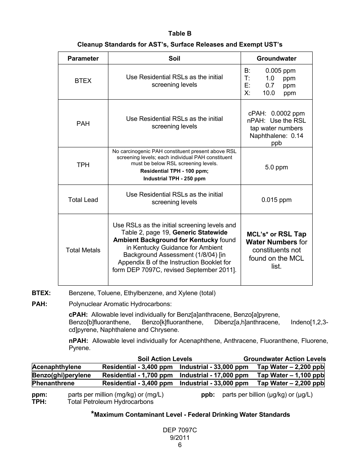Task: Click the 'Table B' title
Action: (x=180, y=34)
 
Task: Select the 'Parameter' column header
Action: (x=83, y=58)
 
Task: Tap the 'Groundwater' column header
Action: (x=277, y=58)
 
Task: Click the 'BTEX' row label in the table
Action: (x=83, y=81)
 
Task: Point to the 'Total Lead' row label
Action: (x=83, y=200)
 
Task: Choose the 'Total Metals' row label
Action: (x=83, y=250)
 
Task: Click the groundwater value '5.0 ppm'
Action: (x=277, y=167)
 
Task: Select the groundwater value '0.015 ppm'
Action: (x=277, y=200)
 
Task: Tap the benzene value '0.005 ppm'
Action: (x=280, y=70)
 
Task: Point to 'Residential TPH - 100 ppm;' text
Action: (x=174, y=171)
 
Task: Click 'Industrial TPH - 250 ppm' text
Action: (x=174, y=178)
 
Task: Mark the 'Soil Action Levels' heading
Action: (x=165, y=359)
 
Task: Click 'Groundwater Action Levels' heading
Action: (x=285, y=359)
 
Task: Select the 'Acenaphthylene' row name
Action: (x=57, y=367)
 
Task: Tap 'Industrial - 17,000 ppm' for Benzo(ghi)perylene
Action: (x=214, y=375)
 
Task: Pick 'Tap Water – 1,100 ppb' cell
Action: (x=291, y=375)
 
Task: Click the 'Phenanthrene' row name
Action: (x=53, y=383)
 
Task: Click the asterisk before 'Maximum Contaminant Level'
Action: (x=92, y=413)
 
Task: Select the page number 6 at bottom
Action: (x=180, y=445)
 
